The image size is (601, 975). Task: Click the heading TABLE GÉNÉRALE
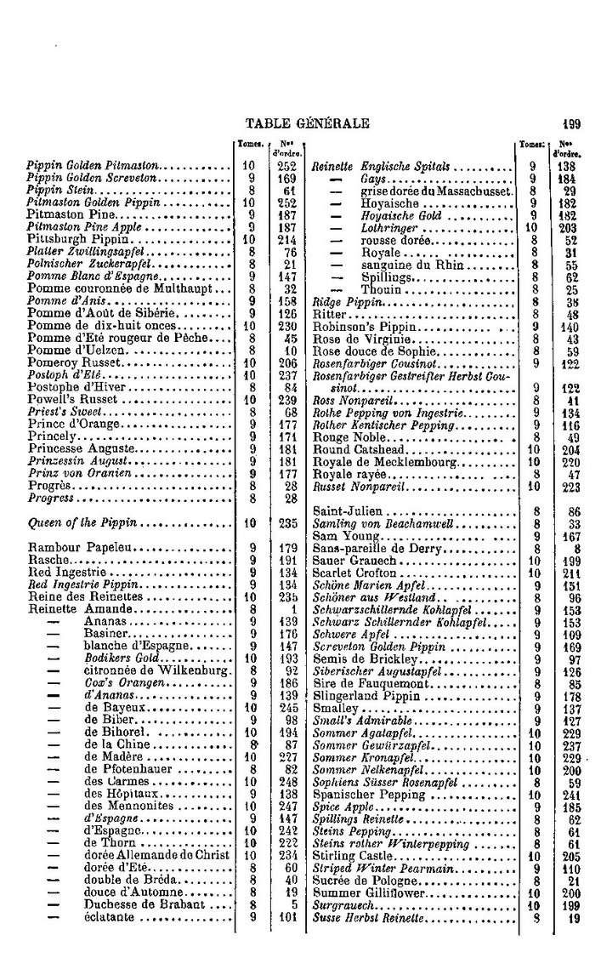pyautogui.click(x=306, y=123)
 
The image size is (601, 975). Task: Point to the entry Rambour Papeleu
pyautogui.click(x=74, y=547)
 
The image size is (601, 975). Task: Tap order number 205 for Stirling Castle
pyautogui.click(x=570, y=857)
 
